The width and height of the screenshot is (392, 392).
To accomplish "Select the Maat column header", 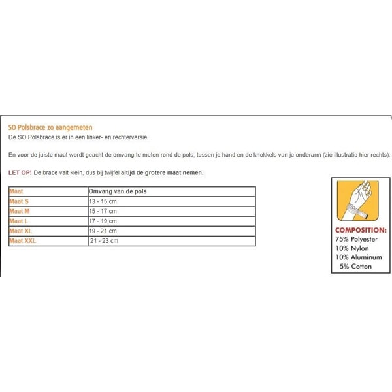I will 16,191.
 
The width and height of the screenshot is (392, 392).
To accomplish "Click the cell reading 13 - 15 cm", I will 103,201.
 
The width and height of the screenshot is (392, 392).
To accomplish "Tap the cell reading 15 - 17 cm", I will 103,211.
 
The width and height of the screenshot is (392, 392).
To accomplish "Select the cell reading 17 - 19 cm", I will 103,221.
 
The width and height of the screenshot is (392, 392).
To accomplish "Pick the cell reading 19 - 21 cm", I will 103,231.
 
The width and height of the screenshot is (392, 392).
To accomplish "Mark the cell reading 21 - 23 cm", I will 105,240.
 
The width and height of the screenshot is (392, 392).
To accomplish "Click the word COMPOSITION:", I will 361,231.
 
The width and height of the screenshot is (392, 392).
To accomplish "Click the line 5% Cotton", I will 355,267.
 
